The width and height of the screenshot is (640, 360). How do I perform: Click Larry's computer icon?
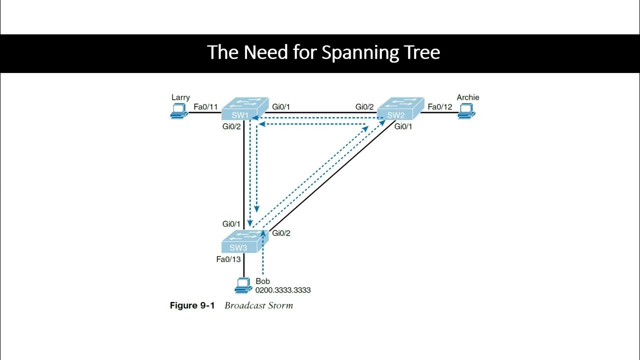click(177, 114)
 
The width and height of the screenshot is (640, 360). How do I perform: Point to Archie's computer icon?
click(467, 114)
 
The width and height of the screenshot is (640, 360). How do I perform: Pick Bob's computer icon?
click(243, 285)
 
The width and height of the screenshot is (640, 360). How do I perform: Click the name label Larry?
click(180, 97)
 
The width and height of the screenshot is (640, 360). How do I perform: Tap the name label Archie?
click(467, 97)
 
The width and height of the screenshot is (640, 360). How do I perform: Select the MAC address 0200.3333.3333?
click(283, 290)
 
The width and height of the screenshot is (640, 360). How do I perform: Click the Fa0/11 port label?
click(205, 106)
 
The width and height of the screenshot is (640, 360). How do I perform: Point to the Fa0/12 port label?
click(439, 106)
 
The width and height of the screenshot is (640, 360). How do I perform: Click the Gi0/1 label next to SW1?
click(281, 106)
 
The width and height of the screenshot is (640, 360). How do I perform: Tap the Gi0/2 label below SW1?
click(232, 126)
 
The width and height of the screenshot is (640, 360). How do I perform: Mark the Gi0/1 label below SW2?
click(404, 126)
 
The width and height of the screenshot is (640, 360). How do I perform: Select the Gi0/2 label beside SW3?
click(281, 233)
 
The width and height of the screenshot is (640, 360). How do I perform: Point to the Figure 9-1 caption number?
click(192, 305)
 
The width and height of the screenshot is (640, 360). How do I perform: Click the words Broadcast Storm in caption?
click(258, 305)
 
